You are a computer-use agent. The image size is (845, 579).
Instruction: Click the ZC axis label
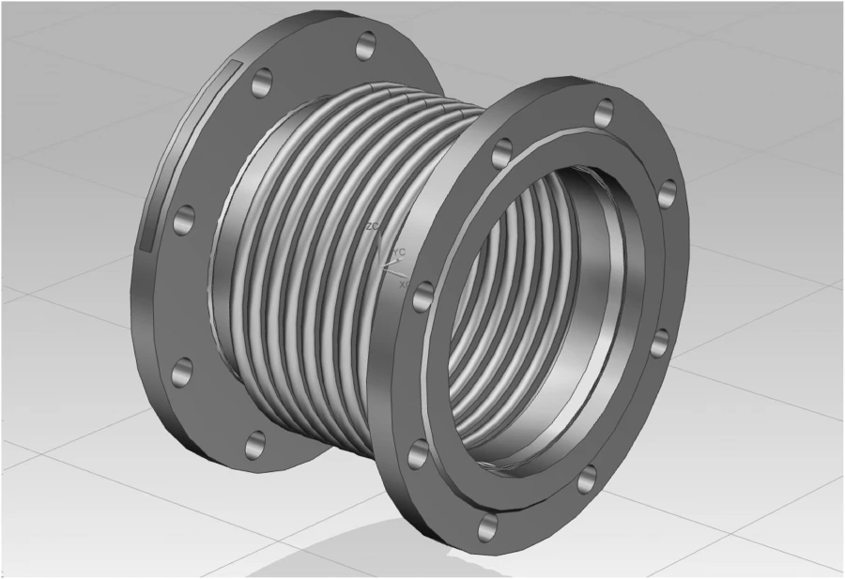click(x=372, y=227)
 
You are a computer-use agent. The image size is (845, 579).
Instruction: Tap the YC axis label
click(x=399, y=251)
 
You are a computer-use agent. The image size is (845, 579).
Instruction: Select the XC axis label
click(x=405, y=282)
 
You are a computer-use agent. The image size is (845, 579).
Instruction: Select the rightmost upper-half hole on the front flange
click(x=667, y=193)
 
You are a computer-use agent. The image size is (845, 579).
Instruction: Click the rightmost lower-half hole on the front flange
click(x=659, y=343)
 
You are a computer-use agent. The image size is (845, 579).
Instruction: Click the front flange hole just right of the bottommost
click(x=588, y=478)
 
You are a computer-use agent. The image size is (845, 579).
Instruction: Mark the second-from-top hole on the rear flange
click(x=263, y=81)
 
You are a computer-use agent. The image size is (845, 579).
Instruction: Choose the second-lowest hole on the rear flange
click(x=182, y=372)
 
